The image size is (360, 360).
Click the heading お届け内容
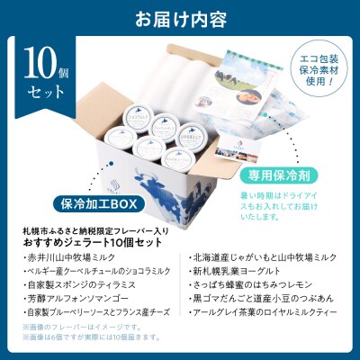(180, 18)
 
